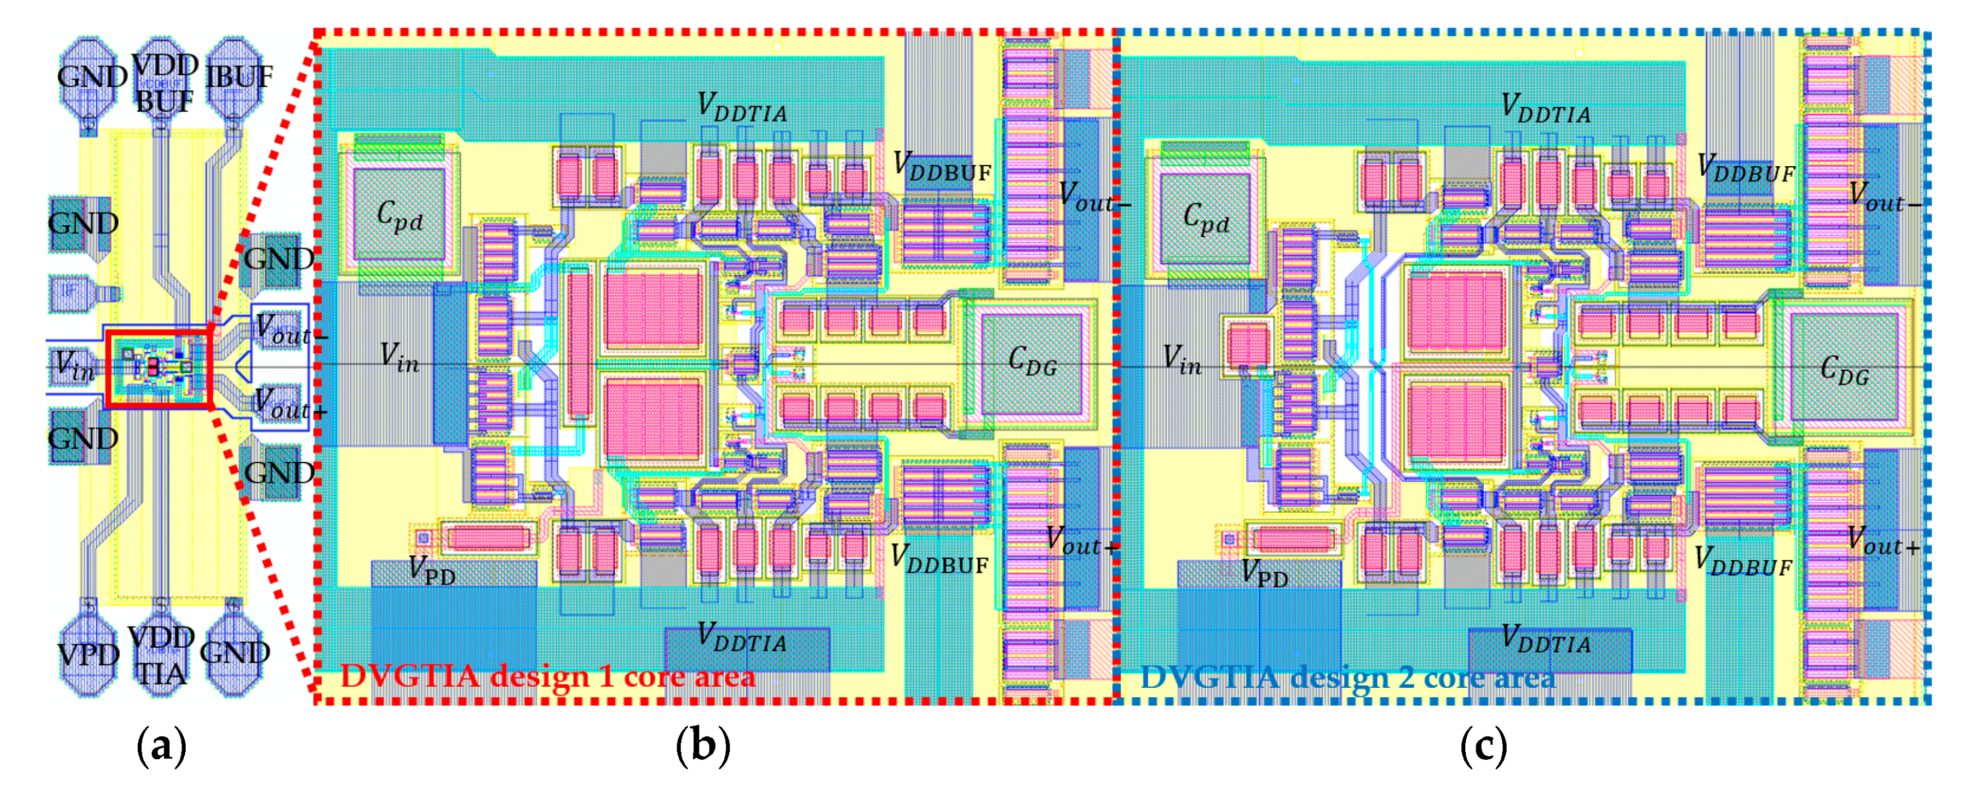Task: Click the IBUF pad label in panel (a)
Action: coord(239,77)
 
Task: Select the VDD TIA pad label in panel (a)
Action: coord(161,655)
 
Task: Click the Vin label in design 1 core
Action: coord(400,357)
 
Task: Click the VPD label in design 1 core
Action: coord(432,570)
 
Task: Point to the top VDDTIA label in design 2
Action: coord(1546,109)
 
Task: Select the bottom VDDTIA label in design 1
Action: coord(742,638)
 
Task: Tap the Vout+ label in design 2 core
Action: coord(1882,540)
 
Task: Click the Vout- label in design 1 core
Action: coord(1093,197)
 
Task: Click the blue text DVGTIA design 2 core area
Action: coord(1347,678)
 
